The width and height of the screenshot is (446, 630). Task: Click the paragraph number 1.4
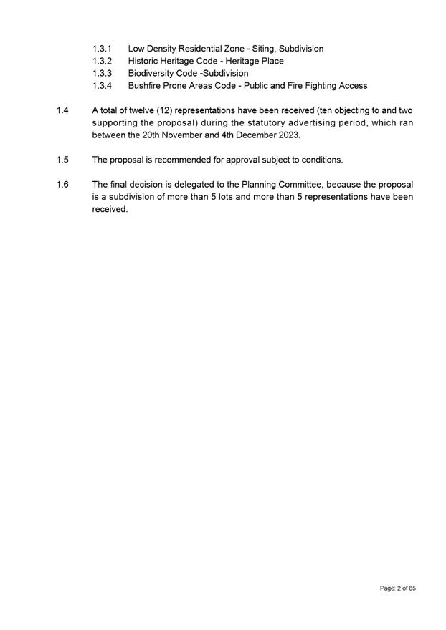tap(62, 110)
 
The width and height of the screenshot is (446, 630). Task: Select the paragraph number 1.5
tap(62, 159)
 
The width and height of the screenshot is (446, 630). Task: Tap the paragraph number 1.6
tap(62, 184)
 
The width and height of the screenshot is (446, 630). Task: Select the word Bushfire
tap(147, 86)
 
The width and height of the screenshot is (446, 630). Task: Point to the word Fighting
tap(326, 86)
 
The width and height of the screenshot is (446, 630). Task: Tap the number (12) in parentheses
tap(167, 110)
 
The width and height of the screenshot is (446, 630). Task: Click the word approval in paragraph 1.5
tap(237, 159)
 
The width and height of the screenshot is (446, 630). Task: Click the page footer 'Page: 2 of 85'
tap(397, 588)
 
